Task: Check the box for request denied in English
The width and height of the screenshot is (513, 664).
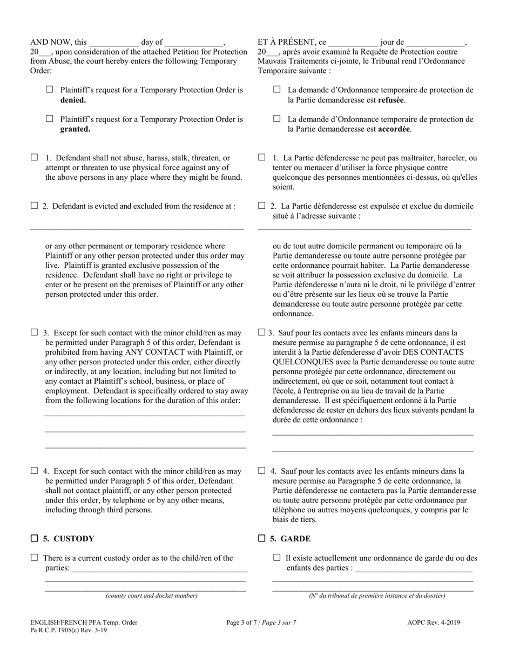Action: (x=50, y=90)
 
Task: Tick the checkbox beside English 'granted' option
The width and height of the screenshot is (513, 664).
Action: (x=50, y=119)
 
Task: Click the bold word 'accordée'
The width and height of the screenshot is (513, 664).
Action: (x=394, y=130)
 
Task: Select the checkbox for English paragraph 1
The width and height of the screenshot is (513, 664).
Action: (x=35, y=158)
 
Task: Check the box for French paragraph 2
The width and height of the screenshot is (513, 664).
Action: (x=262, y=206)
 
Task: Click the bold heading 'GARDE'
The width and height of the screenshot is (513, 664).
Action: (x=295, y=539)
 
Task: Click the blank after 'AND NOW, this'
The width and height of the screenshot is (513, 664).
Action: (x=114, y=43)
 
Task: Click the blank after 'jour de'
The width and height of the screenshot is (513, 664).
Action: (x=435, y=43)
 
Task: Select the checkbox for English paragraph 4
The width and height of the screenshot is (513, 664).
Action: (x=35, y=471)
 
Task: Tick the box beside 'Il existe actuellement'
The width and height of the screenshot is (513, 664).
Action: (x=277, y=558)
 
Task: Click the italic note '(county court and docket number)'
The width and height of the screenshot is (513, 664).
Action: (x=152, y=595)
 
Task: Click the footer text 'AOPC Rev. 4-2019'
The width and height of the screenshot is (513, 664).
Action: (x=434, y=622)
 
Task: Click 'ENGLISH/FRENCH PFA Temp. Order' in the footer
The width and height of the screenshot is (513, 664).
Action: (x=84, y=622)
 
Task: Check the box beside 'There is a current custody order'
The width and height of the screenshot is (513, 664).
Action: (x=35, y=558)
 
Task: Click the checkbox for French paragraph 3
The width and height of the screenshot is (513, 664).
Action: (x=262, y=333)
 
